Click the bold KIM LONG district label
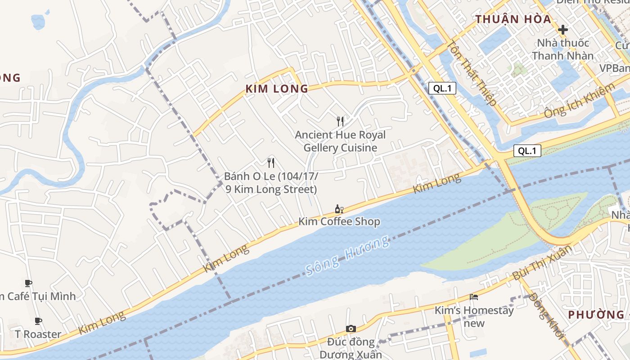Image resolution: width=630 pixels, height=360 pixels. point(277,89)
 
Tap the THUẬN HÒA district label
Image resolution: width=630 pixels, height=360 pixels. point(513,19)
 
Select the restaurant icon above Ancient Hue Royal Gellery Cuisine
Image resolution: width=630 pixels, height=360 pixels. point(340,121)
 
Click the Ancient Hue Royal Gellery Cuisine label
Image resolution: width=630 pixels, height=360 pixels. point(340,141)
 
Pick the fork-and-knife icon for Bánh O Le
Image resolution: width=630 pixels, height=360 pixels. point(271,162)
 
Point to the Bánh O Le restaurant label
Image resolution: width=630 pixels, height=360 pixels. point(271,183)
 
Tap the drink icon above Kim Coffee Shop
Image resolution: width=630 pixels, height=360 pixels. point(339,209)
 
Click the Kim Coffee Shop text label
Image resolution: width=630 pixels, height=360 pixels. point(339,221)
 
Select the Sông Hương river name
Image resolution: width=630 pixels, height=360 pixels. point(347,255)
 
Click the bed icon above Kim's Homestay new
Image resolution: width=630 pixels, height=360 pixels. point(473,297)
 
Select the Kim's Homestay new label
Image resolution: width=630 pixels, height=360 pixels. point(474,317)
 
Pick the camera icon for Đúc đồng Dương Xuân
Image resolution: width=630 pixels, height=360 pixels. point(351,329)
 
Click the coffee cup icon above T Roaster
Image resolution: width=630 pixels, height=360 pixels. point(38,321)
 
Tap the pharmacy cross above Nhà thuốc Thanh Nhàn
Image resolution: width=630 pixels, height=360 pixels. point(562,30)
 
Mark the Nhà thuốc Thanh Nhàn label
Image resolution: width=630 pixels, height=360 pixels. point(562,49)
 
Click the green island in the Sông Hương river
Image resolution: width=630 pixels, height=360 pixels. point(508,238)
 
